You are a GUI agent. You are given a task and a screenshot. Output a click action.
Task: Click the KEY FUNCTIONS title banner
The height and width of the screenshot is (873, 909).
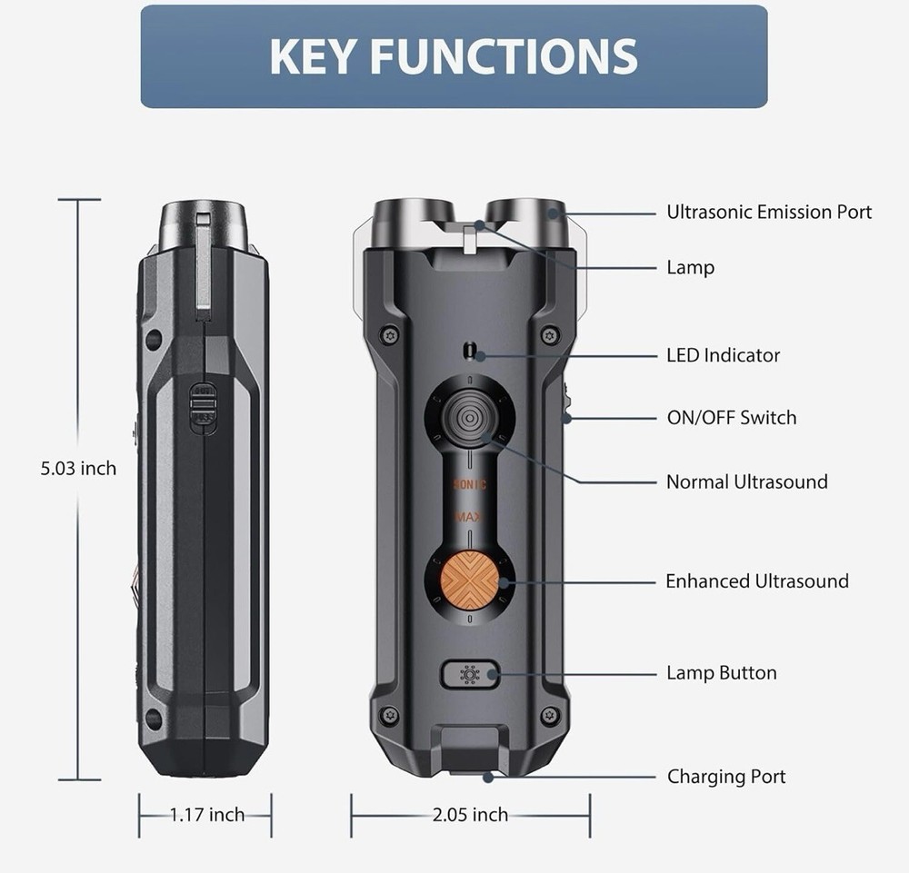pos(454,56)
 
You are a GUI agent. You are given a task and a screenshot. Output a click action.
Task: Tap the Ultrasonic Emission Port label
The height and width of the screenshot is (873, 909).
pos(769,213)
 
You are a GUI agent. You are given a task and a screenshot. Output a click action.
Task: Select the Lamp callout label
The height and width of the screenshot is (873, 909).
pos(690,267)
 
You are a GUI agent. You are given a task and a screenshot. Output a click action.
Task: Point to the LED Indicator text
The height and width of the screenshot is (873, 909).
pos(723,355)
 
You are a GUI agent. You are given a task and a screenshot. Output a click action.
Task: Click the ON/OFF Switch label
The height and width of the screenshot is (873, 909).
pos(731,418)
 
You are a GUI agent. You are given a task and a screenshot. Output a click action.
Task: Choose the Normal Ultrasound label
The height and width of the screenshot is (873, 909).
pos(746,481)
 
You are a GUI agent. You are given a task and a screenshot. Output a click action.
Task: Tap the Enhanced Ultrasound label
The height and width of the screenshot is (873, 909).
pos(756,581)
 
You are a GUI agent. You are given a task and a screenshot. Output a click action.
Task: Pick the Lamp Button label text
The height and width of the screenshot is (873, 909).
pos(721,673)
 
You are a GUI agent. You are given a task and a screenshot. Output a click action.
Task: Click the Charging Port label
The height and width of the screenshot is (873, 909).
pos(725,777)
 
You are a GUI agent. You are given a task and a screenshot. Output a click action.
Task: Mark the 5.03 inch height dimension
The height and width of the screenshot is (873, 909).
pos(78,469)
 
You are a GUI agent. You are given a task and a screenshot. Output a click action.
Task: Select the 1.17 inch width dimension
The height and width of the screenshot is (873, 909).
pos(207,815)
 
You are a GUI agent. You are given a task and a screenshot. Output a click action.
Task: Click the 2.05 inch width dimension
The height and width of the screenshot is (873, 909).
pos(470,815)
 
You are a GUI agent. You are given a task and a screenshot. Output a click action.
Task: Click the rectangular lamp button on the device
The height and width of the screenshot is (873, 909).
pos(470,675)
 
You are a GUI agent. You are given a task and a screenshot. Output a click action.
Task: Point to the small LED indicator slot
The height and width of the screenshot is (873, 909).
pos(469,350)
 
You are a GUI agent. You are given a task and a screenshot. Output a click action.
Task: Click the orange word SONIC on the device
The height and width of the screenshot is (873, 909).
pos(470,485)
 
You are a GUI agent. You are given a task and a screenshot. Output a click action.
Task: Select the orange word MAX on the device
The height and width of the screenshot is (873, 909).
pos(470,518)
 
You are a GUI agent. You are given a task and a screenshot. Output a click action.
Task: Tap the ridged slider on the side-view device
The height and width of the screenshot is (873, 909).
pos(203,408)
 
